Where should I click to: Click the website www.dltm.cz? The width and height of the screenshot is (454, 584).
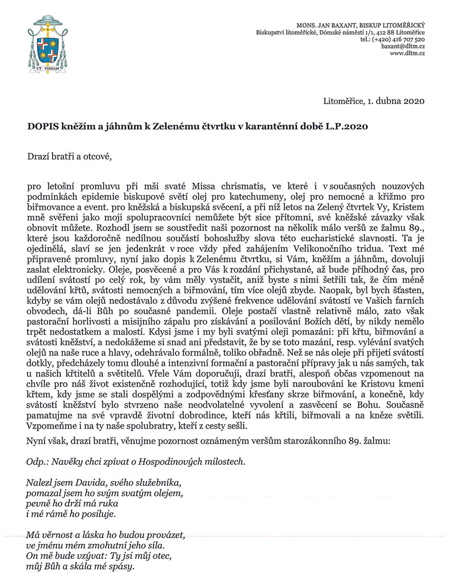click(408, 53)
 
